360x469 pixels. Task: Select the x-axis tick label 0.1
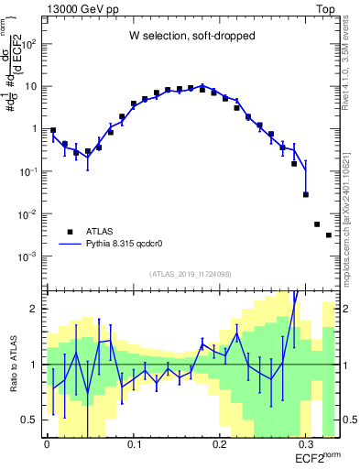(133, 442)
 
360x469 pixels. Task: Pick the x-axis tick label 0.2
(220, 442)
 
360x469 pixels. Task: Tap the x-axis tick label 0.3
(306, 442)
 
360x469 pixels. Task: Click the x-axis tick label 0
(47, 442)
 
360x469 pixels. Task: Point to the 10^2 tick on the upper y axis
(30, 44)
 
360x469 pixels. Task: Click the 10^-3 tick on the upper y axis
(28, 257)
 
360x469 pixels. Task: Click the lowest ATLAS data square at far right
(329, 235)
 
